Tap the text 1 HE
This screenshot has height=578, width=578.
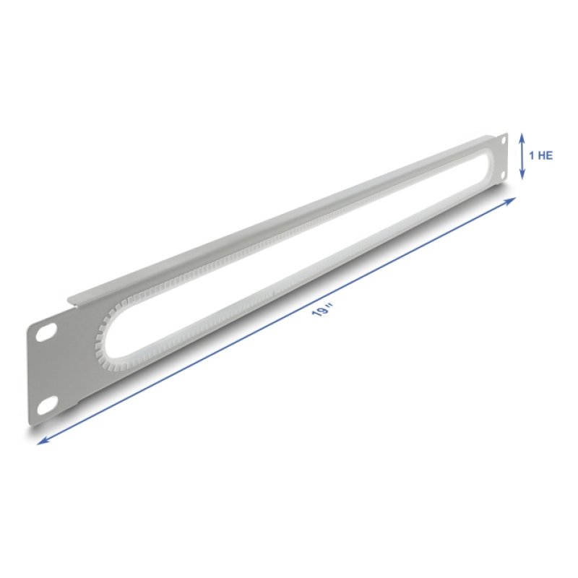pos(541,155)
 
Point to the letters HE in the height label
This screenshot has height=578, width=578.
pos(546,155)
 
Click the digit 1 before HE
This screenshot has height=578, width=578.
pos(532,155)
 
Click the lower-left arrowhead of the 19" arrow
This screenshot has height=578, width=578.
pos(40,441)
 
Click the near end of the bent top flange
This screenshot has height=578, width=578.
pos(72,299)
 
